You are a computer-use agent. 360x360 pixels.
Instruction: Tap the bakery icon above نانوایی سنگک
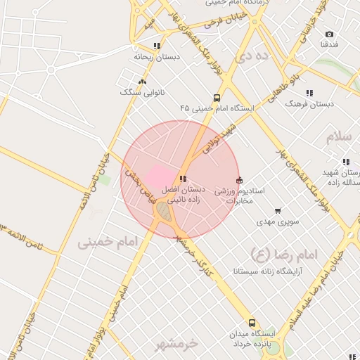coord(143,82)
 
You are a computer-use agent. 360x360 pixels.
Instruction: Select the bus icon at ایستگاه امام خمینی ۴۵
coord(217,98)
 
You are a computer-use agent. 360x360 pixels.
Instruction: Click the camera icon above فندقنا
coord(329,34)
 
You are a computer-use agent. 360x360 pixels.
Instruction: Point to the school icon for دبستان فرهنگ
coord(309,93)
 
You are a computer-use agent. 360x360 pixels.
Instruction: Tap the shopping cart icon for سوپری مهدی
coord(278,211)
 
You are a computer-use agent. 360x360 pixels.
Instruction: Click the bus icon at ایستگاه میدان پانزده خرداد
coord(252,323)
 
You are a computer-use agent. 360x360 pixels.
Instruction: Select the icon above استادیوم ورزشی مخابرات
coord(239,180)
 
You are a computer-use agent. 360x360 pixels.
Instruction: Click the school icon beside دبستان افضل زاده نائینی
coord(184,179)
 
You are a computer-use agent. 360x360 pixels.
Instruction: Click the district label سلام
coord(339,136)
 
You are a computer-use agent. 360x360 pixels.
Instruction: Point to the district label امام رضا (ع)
coord(285,252)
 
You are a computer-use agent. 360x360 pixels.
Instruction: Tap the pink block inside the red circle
coord(160,176)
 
